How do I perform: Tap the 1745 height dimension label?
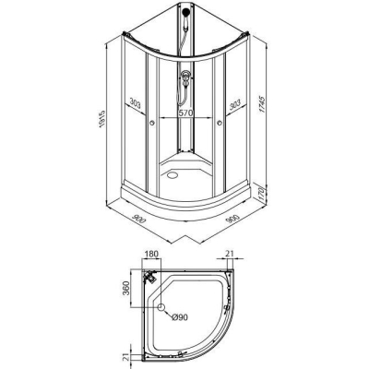coord(262,104)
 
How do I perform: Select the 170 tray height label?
coord(262,194)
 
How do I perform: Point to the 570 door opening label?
coord(185,113)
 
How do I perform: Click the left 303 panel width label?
coord(135,103)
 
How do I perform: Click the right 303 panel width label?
coord(234,105)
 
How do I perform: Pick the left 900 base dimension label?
coord(138,219)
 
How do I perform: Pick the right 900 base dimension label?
coord(232,219)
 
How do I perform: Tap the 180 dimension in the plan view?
coord(151,254)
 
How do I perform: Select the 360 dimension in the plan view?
coord(125,288)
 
